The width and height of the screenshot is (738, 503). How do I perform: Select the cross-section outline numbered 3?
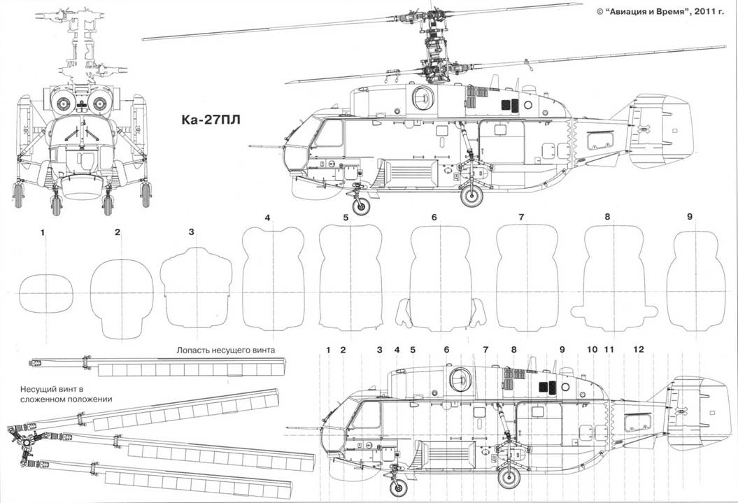point(197,289)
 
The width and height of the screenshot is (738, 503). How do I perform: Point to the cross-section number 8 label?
point(607,218)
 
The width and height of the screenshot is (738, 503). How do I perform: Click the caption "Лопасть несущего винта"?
point(227,350)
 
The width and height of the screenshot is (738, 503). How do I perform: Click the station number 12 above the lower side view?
point(638,348)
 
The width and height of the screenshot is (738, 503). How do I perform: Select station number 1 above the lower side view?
point(327,348)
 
